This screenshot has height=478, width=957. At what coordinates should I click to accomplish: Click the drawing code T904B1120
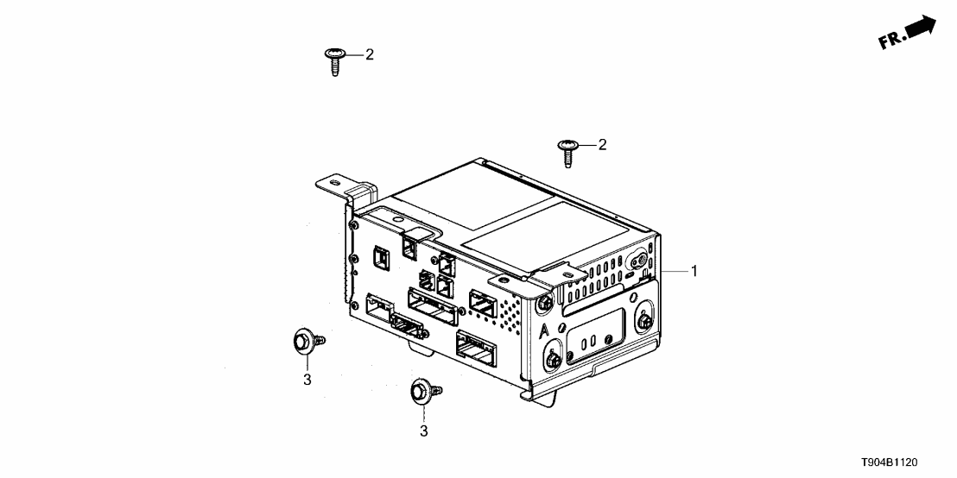(x=906, y=462)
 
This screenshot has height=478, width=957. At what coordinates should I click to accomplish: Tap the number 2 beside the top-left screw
(x=369, y=55)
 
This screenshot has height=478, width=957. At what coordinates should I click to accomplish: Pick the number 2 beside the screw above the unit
(x=602, y=145)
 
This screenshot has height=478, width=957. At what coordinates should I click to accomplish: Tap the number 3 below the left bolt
(x=307, y=378)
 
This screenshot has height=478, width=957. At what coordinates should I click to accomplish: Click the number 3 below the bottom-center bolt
(x=423, y=429)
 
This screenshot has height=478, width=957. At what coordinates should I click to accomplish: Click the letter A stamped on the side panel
(x=542, y=332)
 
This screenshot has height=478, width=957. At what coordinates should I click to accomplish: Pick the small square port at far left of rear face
(x=380, y=256)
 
